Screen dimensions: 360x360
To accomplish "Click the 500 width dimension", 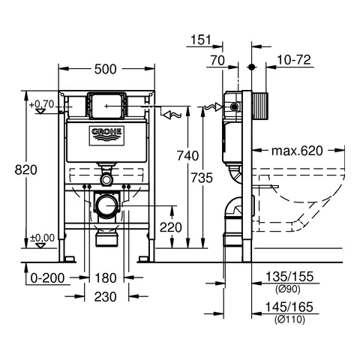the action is click(106, 69).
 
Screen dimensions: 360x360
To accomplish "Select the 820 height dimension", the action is click(26, 169).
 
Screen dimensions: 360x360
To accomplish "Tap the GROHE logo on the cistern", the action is click(107, 136).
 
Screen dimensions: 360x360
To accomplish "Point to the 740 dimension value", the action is click(187, 156).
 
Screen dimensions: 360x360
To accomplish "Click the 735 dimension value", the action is click(202, 178).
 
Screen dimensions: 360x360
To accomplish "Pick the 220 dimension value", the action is click(171, 227).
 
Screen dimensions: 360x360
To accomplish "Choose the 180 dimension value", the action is click(106, 278).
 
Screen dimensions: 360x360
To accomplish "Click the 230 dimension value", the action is click(106, 297).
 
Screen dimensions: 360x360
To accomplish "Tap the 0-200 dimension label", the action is click(47, 278).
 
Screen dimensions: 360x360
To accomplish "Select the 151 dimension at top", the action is click(201, 40).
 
